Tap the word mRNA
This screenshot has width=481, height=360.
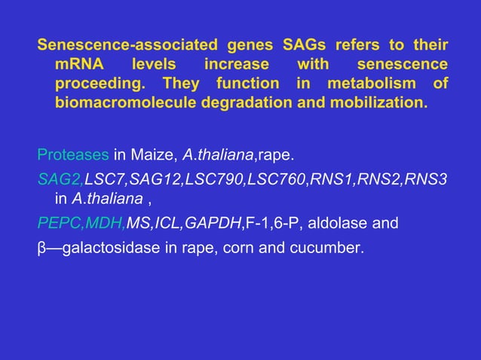click(77, 63)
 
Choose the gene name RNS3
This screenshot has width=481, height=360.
click(427, 179)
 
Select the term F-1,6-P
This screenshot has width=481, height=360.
click(274, 223)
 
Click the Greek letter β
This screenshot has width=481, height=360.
click(42, 246)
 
